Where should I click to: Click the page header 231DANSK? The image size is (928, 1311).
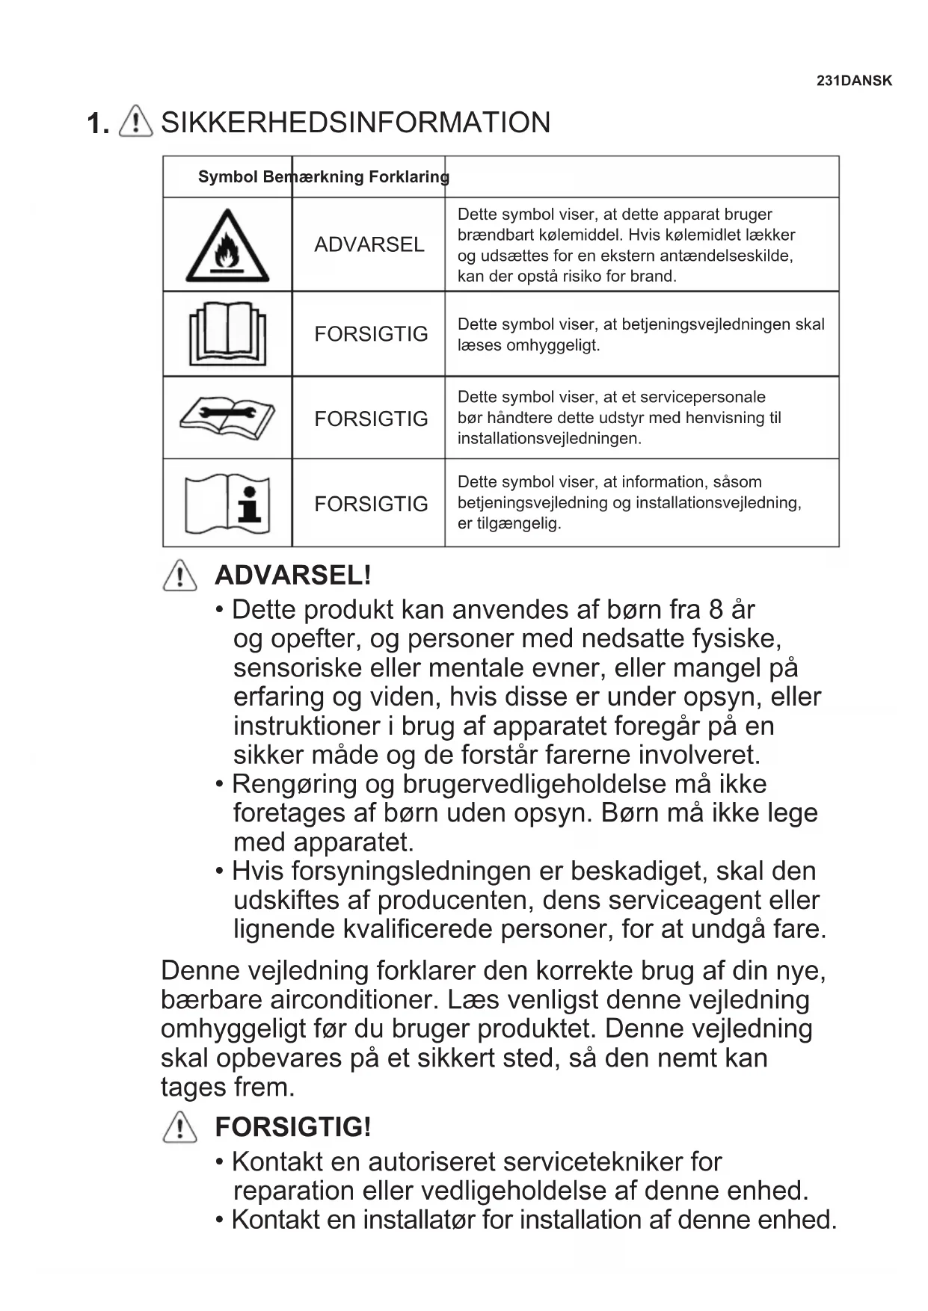[x=854, y=81]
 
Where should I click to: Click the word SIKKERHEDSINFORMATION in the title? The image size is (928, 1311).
[x=355, y=123]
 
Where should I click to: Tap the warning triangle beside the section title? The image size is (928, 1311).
[x=135, y=120]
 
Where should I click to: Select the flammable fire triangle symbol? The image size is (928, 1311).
[x=227, y=247]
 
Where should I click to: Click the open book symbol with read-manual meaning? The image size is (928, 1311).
[x=227, y=333]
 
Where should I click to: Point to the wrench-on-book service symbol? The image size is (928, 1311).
[x=227, y=417]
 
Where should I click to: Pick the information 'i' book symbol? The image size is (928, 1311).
[x=227, y=504]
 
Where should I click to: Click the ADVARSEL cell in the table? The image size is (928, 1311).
[x=369, y=244]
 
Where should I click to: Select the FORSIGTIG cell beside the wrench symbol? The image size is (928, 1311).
[x=371, y=419]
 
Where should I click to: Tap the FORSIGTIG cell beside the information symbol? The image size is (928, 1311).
[x=371, y=504]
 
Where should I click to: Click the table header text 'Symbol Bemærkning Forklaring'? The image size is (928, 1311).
[x=323, y=177]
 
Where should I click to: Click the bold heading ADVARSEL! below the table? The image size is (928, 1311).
[x=292, y=576]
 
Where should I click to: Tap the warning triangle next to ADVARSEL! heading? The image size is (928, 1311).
[x=179, y=576]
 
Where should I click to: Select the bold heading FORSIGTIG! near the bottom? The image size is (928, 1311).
[x=292, y=1127]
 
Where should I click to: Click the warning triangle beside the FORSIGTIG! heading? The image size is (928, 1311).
[x=179, y=1127]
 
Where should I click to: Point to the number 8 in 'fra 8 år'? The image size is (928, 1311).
[x=716, y=610]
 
